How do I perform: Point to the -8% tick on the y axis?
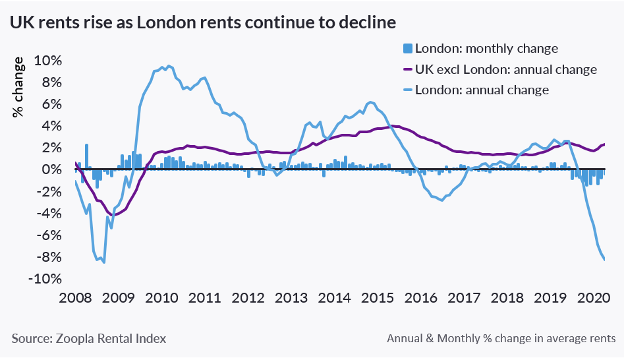(47, 257)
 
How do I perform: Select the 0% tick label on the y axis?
(53, 169)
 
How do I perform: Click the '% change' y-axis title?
(19, 87)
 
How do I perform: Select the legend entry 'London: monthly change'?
(486, 48)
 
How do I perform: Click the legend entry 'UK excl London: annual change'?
(505, 69)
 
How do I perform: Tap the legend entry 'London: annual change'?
(482, 90)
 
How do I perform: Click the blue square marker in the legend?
(407, 48)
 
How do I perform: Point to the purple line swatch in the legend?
(407, 69)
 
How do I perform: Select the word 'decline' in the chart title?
(366, 22)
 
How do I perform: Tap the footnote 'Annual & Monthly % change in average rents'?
(501, 338)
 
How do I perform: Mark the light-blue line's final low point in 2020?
(605, 259)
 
